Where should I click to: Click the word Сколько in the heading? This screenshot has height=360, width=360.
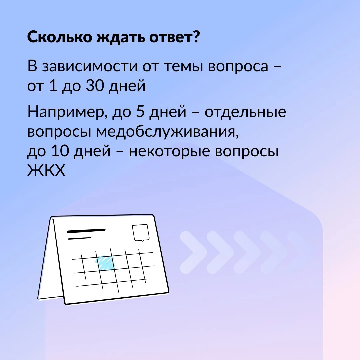click(x=59, y=37)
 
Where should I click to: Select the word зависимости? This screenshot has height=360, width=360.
click(x=90, y=66)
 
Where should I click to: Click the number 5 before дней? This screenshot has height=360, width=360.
click(x=140, y=112)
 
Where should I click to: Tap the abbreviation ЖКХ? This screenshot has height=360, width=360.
click(x=46, y=170)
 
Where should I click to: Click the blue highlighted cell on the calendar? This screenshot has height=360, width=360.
click(x=105, y=263)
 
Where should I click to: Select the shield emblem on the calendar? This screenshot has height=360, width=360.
click(x=141, y=233)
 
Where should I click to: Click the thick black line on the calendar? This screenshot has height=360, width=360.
click(x=86, y=231)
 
